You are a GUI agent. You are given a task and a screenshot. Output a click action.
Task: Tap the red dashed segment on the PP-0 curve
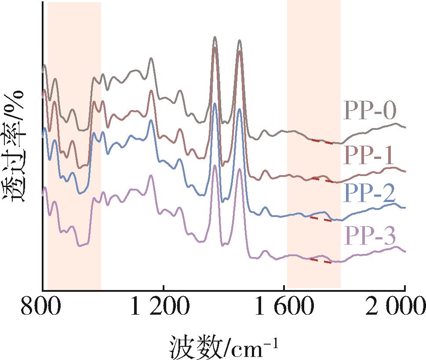click(x=322, y=141)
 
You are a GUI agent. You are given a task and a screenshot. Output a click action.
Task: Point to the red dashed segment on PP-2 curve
click(x=320, y=219)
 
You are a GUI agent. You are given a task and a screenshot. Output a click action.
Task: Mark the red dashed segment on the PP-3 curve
click(x=320, y=261)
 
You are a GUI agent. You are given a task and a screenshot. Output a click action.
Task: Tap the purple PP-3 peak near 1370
click(x=215, y=165)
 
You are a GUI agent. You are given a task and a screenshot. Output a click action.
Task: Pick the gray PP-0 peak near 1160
click(x=151, y=58)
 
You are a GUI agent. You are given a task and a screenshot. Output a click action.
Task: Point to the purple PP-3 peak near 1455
click(x=239, y=169)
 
